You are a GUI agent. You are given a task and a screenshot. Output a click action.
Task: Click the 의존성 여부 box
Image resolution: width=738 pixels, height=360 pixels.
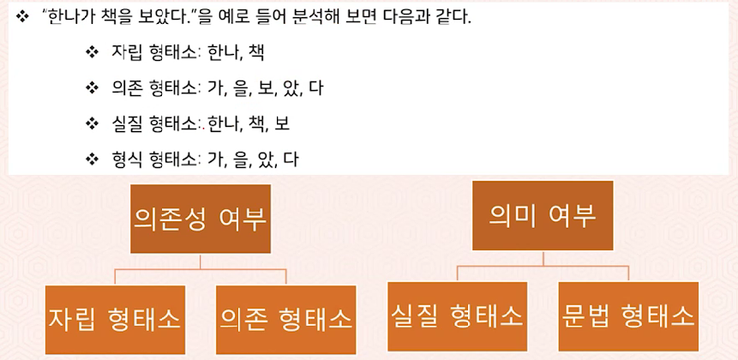point(201,219)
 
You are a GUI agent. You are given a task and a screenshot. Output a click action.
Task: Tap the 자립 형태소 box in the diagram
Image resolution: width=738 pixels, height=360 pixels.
point(115,319)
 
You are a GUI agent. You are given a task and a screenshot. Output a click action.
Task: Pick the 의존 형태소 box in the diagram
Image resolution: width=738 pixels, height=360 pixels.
point(286,319)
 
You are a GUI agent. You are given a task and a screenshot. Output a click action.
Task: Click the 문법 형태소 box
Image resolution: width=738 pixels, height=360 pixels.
point(628,315)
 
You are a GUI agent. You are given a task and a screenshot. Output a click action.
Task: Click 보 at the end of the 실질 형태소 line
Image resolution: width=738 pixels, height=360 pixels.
point(282,123)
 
